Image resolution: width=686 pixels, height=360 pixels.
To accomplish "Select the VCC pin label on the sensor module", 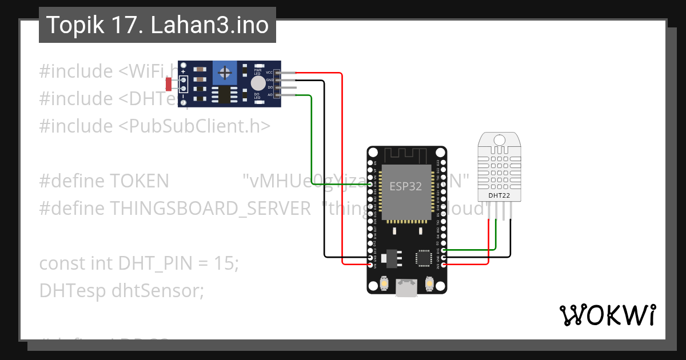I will [269, 73].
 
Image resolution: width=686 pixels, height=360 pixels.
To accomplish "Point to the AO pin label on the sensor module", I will [270, 94].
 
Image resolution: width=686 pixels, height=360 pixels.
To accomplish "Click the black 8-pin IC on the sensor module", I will [225, 95].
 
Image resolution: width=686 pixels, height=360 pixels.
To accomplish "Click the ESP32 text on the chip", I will [405, 186].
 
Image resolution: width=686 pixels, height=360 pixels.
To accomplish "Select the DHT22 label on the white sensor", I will [499, 195].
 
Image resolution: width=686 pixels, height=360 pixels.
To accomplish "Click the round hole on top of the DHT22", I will [499, 139].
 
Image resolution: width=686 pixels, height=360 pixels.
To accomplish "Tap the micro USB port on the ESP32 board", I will [406, 289].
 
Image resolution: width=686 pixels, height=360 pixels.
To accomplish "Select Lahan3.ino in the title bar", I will [210, 25].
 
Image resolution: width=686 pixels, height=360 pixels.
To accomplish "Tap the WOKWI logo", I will [607, 315].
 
